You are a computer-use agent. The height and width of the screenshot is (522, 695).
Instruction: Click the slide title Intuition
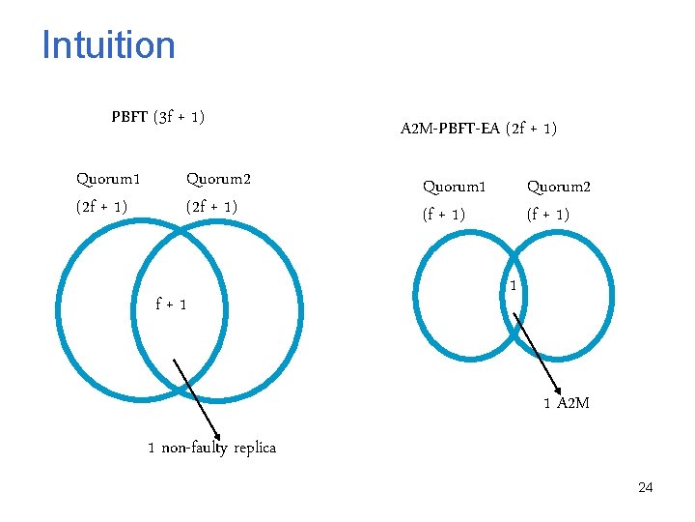[108, 45]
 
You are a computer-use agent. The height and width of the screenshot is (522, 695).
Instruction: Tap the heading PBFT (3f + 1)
[157, 118]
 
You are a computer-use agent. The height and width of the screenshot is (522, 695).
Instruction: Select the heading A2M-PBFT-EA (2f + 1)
[478, 128]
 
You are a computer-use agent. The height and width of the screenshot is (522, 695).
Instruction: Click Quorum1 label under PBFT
[108, 179]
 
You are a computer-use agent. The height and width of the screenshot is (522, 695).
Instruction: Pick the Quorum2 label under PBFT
[218, 179]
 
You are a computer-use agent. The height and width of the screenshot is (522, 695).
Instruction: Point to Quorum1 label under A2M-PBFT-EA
[455, 187]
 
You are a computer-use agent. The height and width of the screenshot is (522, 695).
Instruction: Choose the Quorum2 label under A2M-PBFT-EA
[559, 187]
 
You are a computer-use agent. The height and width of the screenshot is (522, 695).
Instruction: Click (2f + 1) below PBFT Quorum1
[102, 207]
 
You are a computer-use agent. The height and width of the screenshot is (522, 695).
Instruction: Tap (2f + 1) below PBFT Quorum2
[211, 207]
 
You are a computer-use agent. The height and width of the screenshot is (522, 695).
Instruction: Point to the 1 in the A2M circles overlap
[514, 286]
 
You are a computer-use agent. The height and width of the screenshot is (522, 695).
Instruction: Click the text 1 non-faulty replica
[211, 448]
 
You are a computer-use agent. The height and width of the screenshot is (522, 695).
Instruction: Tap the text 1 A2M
[566, 402]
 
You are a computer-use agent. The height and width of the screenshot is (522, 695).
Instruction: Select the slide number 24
[645, 488]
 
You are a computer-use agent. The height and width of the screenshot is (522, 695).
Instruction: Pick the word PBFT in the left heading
[128, 118]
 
